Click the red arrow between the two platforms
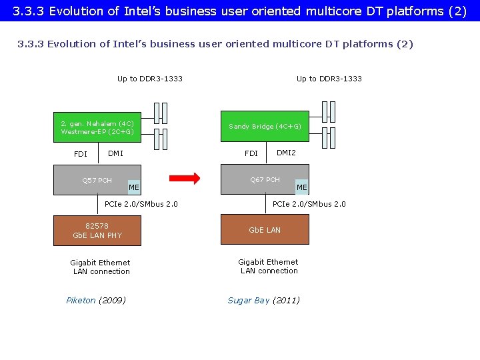coord(184,178)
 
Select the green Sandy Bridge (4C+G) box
coord(265,127)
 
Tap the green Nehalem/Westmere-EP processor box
coord(97,127)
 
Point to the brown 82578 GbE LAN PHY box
coord(97,231)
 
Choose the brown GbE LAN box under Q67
coord(265,230)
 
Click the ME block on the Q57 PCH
coord(134,187)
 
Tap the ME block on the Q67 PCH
coord(302,187)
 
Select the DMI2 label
coord(286,153)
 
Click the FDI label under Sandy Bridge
coord(251,153)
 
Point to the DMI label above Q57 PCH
coord(115,153)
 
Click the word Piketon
coord(81,300)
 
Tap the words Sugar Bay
coord(249,300)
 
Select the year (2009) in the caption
coord(112,300)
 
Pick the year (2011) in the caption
coord(286,300)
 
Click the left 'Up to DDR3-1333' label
coord(150,79)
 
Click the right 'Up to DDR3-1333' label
coord(329,79)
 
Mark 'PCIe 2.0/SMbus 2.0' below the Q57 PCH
coord(141,204)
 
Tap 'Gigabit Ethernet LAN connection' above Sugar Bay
coord(269,266)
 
